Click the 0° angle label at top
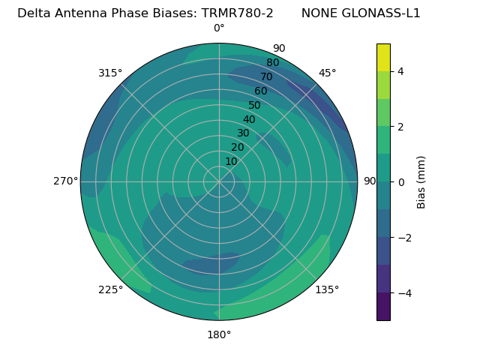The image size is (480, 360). (x=219, y=28)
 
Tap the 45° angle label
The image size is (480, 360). (x=328, y=73)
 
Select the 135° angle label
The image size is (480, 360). (x=327, y=289)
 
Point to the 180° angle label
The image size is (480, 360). (x=219, y=334)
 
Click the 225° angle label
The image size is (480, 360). (x=110, y=290)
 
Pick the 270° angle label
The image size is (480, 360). (x=66, y=181)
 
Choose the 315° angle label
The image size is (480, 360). (x=110, y=73)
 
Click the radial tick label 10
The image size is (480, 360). (x=231, y=161)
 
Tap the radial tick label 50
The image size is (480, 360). (x=255, y=105)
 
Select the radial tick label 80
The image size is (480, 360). (x=273, y=62)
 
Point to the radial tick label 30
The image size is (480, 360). (x=243, y=133)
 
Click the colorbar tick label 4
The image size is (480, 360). (x=401, y=71)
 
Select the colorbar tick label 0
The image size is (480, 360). (x=401, y=182)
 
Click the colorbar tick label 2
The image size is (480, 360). (x=401, y=127)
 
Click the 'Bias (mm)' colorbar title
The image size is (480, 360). (x=421, y=182)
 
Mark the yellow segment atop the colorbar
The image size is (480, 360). (x=383, y=58)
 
